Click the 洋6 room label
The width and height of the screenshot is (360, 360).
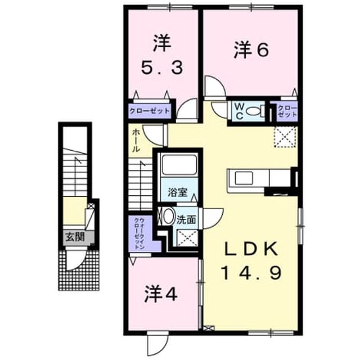point(251,50)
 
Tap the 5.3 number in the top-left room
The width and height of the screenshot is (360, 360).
point(163,67)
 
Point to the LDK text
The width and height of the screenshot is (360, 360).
point(251,249)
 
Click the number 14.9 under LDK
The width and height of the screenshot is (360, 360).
point(251,272)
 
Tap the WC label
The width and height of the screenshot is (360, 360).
point(239,111)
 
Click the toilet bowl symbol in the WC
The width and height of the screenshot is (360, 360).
point(255,111)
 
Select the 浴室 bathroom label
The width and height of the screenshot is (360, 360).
point(178,192)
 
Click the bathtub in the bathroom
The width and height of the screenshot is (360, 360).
point(179,164)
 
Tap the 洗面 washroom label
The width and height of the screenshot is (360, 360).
point(186,220)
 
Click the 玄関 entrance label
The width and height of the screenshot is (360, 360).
point(75,236)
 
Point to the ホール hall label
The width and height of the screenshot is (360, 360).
point(136,141)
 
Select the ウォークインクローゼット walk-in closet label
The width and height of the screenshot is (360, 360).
point(139,233)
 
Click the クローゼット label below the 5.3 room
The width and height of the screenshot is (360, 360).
point(150,111)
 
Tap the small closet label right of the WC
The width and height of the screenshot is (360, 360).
point(287,111)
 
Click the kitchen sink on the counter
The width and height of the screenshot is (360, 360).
point(244,178)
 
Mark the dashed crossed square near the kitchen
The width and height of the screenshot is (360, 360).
point(285,137)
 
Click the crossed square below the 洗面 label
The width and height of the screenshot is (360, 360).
point(187,238)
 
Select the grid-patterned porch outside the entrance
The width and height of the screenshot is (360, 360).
point(79,271)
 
